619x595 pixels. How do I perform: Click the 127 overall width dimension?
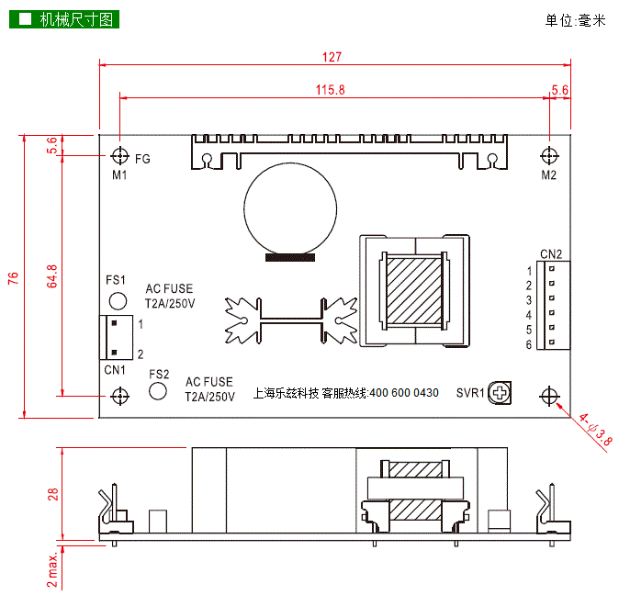(x=332, y=57)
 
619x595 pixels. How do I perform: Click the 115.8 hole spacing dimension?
(x=330, y=90)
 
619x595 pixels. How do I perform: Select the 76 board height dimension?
(x=13, y=278)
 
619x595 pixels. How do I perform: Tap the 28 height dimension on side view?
(x=53, y=493)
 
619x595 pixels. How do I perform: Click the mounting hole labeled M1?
(x=119, y=154)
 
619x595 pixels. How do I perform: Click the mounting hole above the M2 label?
(x=549, y=154)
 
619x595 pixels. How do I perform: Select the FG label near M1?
(x=142, y=159)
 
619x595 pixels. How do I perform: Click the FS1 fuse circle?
(x=118, y=300)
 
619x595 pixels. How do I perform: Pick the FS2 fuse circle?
(x=159, y=391)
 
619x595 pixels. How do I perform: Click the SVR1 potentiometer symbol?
(x=501, y=393)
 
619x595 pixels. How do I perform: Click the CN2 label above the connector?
(x=551, y=253)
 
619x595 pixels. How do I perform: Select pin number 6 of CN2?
(x=529, y=344)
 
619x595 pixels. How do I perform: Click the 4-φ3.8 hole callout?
(x=595, y=429)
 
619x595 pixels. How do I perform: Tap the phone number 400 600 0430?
(x=404, y=393)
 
